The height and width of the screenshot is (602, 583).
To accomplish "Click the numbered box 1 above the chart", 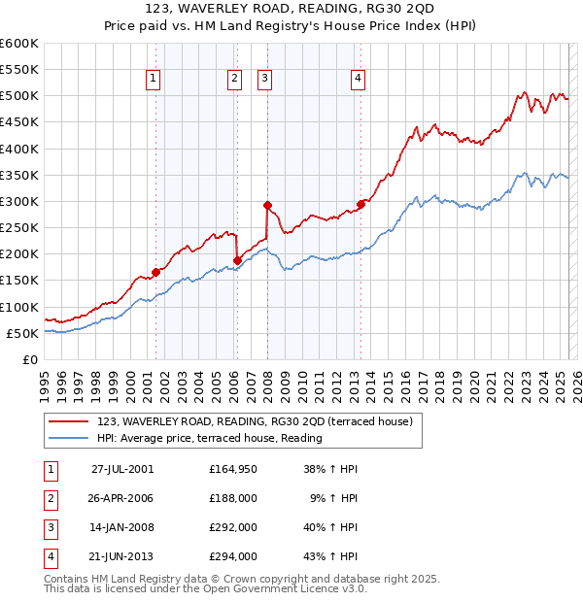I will [x=154, y=80].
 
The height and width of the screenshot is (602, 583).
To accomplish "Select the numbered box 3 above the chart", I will [x=264, y=80].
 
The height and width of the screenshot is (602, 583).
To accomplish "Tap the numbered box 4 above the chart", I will [x=358, y=80].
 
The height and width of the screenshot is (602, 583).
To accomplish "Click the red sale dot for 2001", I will [x=155, y=273].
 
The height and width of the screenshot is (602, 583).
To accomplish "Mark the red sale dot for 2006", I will [x=237, y=260].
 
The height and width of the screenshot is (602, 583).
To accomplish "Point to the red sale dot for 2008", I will [x=267, y=205].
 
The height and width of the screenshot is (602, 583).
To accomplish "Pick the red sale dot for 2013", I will [x=360, y=204].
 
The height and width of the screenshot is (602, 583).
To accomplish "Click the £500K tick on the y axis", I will [x=19, y=96].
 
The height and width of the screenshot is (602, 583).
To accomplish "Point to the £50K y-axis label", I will [x=22, y=333].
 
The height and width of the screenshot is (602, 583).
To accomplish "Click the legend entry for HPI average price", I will [x=209, y=438].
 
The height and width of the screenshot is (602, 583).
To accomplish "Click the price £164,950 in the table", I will [x=233, y=468].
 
